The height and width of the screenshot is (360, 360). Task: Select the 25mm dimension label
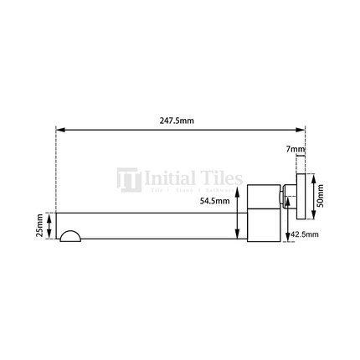point(40,226)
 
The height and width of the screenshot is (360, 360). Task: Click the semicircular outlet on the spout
point(71,237)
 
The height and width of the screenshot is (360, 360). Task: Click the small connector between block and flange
point(286,198)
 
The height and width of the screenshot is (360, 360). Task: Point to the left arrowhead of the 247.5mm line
point(59,130)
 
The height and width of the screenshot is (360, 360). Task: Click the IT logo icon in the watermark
point(128,180)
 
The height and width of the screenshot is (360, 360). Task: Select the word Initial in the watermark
point(170,177)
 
